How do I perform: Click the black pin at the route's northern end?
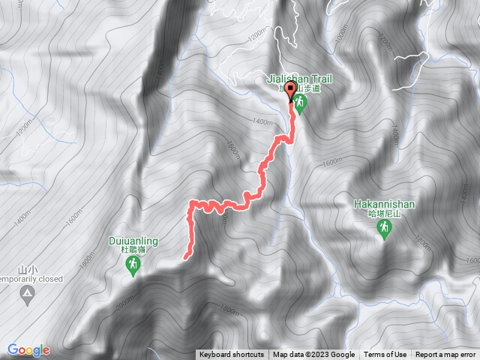tap(290, 100)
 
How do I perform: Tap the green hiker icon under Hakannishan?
tap(384, 229)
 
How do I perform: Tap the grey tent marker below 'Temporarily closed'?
tap(28, 292)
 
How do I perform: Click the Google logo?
tap(28, 349)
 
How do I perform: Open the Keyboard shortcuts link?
tap(232, 355)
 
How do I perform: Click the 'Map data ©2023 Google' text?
tap(313, 355)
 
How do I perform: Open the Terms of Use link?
tap(385, 355)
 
